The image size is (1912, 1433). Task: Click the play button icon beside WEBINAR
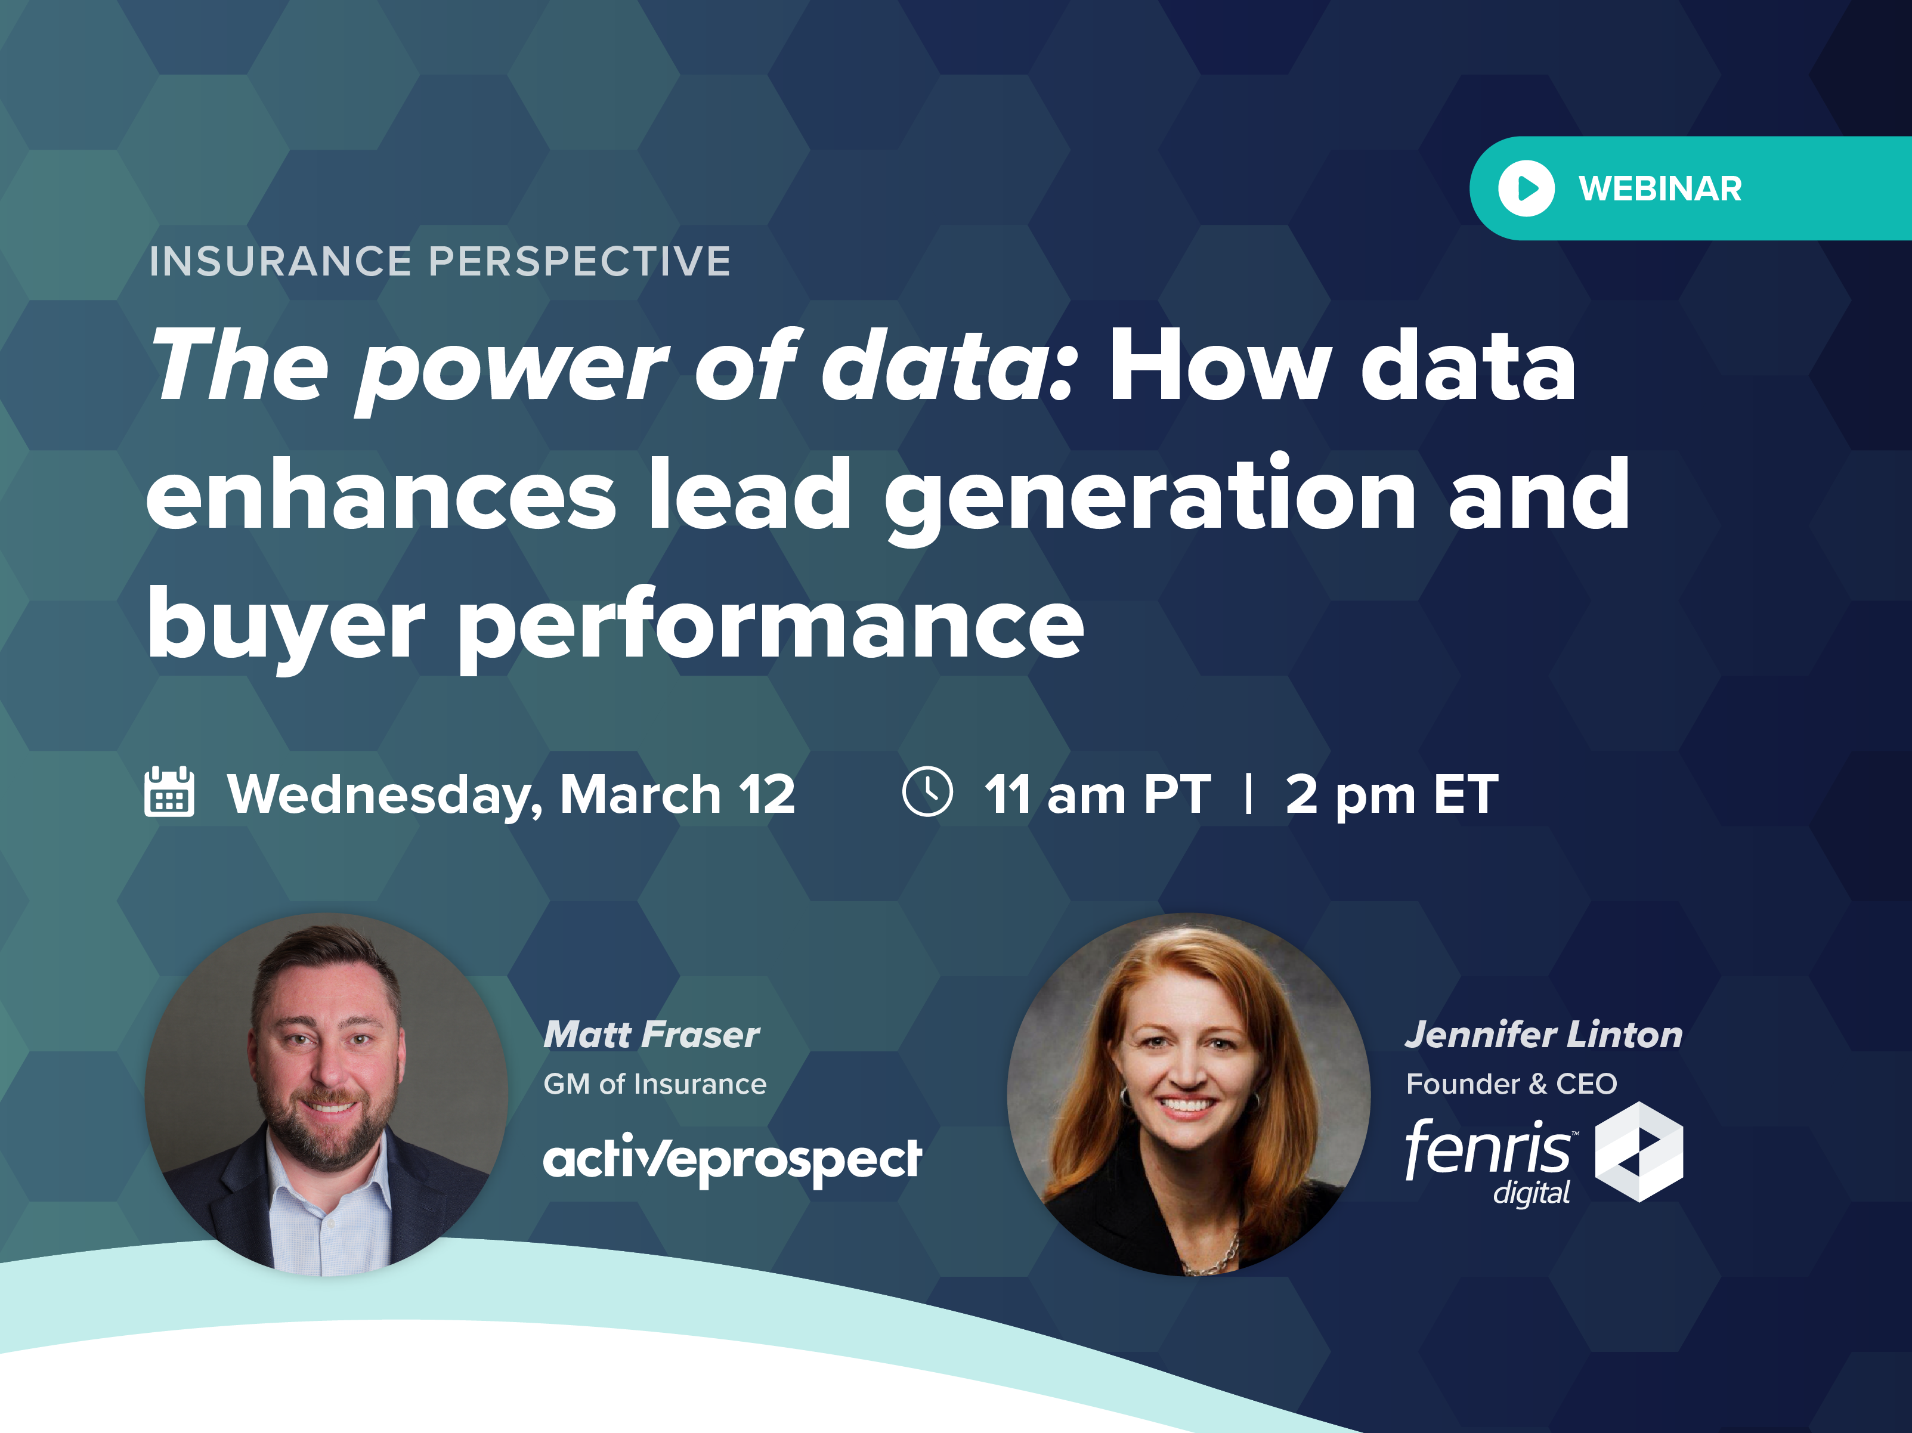tap(1526, 188)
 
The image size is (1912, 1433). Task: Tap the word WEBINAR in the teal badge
tap(1660, 188)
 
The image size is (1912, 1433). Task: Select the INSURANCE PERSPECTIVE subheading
tap(440, 261)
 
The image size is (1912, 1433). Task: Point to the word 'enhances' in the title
tap(381, 495)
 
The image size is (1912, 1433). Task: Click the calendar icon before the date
tap(169, 792)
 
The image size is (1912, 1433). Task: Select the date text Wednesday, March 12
tap(511, 795)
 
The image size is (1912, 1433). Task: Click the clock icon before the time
tap(927, 792)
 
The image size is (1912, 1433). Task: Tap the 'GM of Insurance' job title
tap(654, 1084)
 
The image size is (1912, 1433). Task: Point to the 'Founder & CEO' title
tap(1511, 1084)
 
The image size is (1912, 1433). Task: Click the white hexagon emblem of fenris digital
tap(1639, 1152)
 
